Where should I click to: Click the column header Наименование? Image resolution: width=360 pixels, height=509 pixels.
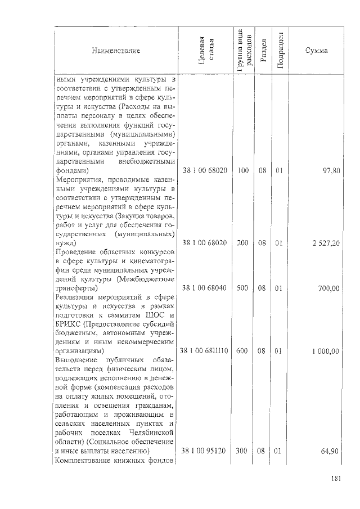(x=116, y=51)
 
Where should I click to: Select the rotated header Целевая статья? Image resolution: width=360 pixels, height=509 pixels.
(x=206, y=51)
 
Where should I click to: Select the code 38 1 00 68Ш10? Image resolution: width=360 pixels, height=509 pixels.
(x=204, y=352)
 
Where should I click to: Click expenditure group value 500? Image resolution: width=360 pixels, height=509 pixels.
(x=243, y=289)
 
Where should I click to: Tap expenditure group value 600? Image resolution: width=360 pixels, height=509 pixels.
(x=243, y=352)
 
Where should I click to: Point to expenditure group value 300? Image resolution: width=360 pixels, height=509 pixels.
(x=243, y=451)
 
